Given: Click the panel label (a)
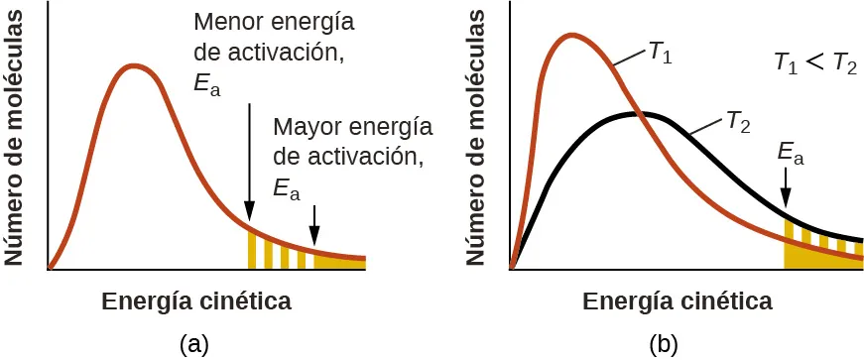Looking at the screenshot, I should click(194, 344).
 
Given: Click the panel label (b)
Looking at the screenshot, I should click(664, 344).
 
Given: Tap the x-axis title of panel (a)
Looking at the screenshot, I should click(196, 300).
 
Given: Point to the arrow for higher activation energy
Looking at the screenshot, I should click(314, 224).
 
